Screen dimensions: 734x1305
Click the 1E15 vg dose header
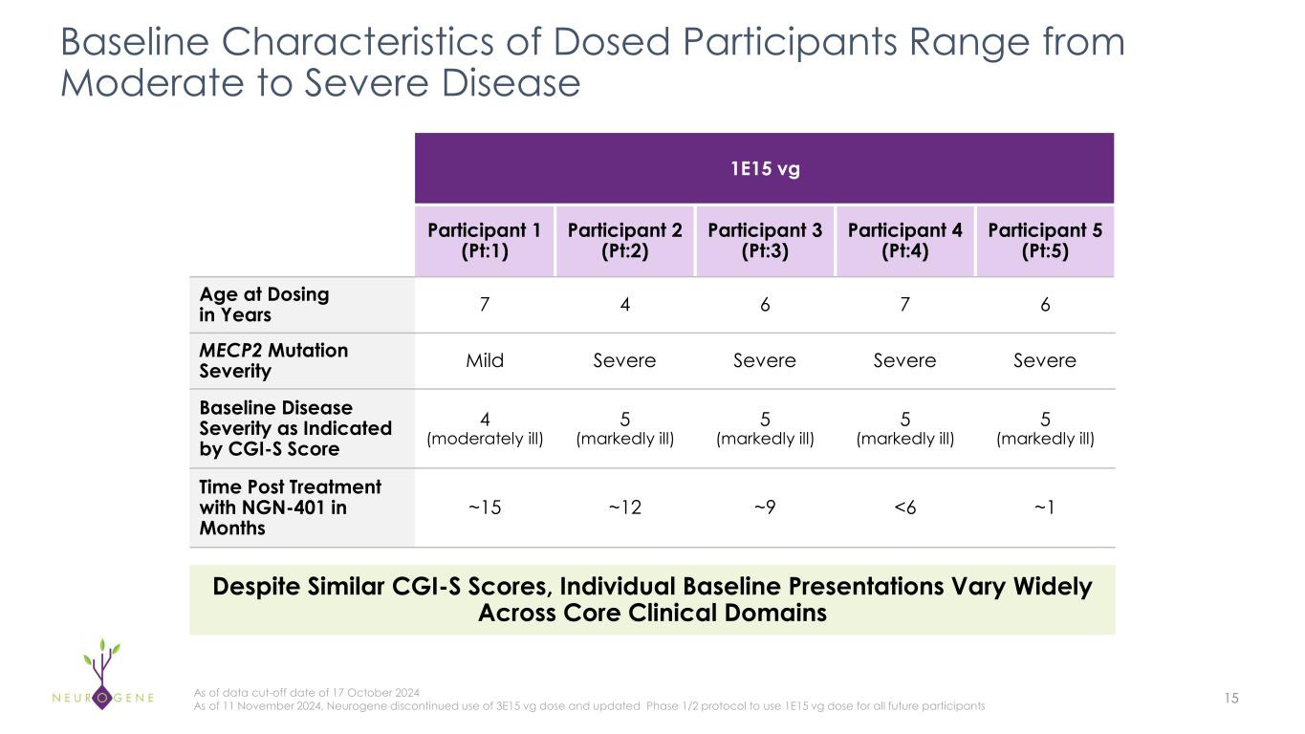tap(764, 169)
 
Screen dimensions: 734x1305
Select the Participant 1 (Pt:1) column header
tap(484, 241)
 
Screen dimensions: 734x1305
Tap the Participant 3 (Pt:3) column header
tap(764, 241)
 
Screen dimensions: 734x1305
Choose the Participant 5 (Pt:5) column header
tap(1045, 241)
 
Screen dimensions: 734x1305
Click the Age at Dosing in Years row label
tap(263, 305)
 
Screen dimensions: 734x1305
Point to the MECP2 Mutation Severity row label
tap(272, 360)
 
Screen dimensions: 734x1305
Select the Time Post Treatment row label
tap(290, 507)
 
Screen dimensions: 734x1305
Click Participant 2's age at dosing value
tap(624, 305)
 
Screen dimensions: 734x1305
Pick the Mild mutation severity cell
tap(484, 360)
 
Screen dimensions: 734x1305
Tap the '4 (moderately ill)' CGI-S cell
tap(484, 428)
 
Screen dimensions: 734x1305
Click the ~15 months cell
tap(484, 507)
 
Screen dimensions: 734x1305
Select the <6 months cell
tap(904, 507)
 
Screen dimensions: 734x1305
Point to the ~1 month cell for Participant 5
tap(1045, 507)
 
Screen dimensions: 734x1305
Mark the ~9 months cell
tap(764, 507)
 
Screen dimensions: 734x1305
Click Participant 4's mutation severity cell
tap(904, 360)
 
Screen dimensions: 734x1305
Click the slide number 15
tap(1230, 699)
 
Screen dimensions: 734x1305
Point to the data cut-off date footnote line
tap(306, 692)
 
